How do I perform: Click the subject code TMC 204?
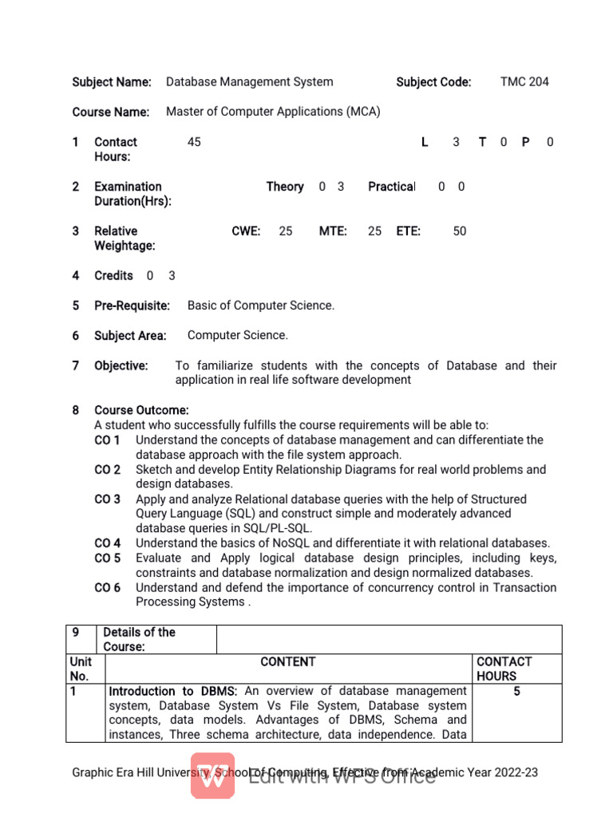click(524, 81)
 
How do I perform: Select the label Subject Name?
click(112, 81)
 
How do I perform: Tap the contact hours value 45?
click(194, 142)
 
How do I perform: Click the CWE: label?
click(246, 231)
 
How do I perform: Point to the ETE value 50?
click(460, 231)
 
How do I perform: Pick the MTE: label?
click(333, 231)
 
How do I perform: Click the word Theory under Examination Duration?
click(285, 187)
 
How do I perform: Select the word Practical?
click(391, 187)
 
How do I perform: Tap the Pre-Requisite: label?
click(132, 306)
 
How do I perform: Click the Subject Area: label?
click(130, 336)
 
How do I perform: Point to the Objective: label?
click(121, 365)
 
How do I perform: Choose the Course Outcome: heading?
click(141, 410)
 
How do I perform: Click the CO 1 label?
click(108, 440)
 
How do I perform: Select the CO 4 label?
click(108, 543)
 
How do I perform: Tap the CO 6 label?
click(108, 588)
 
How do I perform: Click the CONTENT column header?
click(288, 662)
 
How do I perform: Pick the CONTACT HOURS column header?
click(504, 669)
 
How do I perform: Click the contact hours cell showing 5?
click(516, 692)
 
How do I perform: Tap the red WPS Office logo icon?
click(212, 776)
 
